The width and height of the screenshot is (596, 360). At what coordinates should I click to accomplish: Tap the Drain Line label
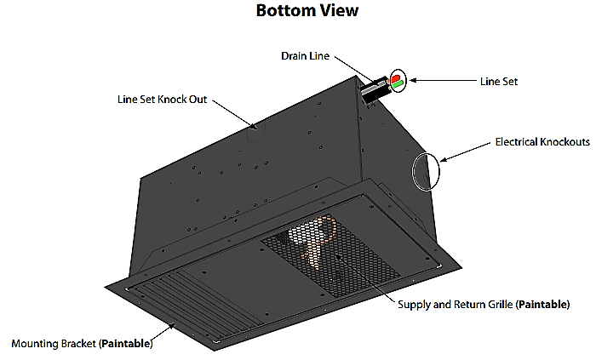303,56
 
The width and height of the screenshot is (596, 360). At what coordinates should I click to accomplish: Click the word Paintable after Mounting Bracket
126,345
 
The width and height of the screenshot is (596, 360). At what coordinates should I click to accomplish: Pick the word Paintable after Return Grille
542,304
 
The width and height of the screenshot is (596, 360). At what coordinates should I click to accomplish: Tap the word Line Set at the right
499,82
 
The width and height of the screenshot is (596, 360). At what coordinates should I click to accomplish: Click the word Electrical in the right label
516,142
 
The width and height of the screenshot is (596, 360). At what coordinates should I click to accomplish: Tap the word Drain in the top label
294,56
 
